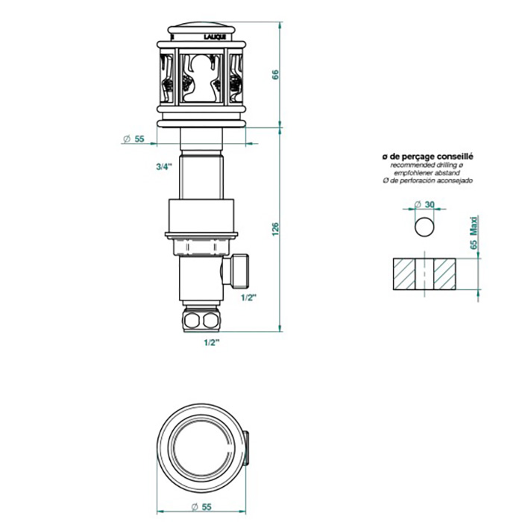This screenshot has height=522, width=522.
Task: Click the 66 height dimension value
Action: (x=276, y=75)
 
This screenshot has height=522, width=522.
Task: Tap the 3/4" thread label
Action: (x=164, y=167)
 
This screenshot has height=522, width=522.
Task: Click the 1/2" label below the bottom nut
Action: (x=213, y=342)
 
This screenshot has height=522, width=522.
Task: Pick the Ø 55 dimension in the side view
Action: (x=133, y=139)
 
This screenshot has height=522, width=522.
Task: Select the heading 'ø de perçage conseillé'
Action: (x=427, y=157)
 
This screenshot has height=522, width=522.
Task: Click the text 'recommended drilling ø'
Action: (x=427, y=165)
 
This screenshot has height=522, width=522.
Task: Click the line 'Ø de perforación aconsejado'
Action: (x=427, y=180)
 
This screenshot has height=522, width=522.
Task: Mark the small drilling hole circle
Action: (x=424, y=226)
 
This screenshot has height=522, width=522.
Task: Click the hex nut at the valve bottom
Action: (x=202, y=321)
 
